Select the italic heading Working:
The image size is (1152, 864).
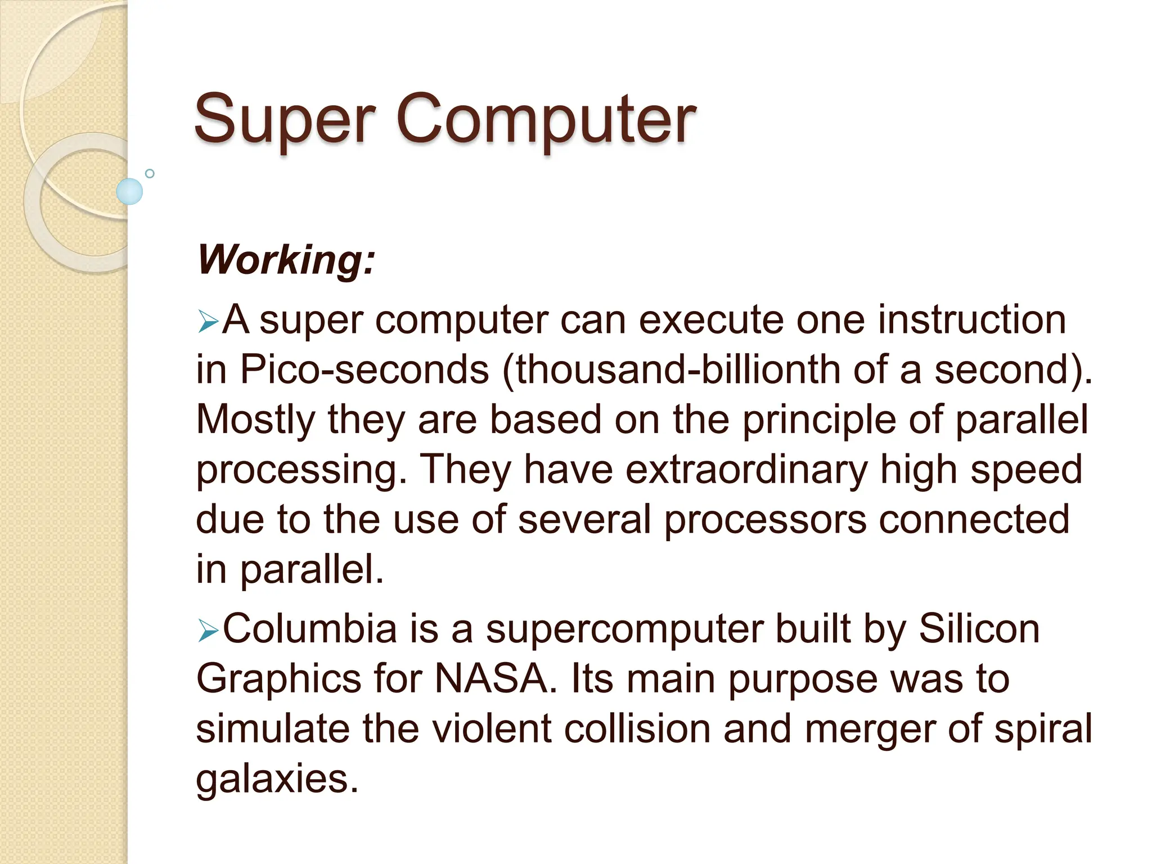click(x=286, y=260)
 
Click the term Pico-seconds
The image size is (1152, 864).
click(x=364, y=370)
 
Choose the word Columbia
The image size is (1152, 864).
click(x=310, y=629)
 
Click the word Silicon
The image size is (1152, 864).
click(x=979, y=629)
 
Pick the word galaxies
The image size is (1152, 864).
click(x=277, y=780)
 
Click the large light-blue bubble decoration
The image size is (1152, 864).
click(x=129, y=191)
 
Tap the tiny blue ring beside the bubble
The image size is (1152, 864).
click(x=150, y=173)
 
